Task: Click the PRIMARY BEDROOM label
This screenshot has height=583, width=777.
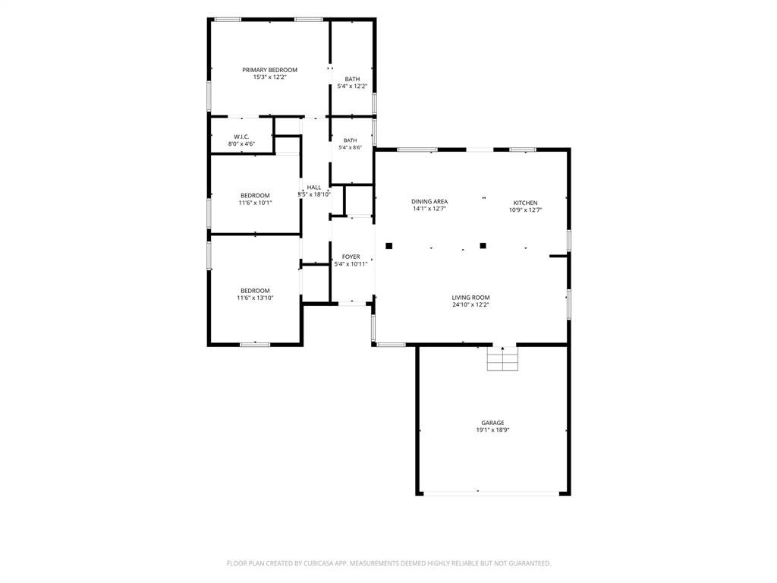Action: [x=269, y=70]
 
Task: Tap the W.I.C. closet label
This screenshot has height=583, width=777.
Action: [x=241, y=137]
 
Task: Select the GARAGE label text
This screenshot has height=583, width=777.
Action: [x=492, y=423]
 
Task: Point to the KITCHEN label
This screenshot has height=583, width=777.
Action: [x=525, y=203]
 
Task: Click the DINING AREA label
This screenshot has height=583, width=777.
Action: [x=429, y=201]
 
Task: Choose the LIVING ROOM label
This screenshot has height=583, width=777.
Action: [x=470, y=298]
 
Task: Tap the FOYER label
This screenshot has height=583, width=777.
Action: [x=351, y=257]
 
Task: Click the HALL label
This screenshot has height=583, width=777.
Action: [x=313, y=188]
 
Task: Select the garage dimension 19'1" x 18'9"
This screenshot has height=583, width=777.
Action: [x=492, y=430]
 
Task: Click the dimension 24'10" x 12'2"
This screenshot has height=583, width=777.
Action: [x=470, y=305]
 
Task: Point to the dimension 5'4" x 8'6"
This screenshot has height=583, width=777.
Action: [x=351, y=148]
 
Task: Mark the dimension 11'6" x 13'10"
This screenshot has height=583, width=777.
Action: [x=255, y=298]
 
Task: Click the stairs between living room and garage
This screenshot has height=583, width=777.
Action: [x=502, y=358]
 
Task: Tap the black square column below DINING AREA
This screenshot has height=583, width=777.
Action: [x=389, y=245]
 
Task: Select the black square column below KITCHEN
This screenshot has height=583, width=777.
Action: [x=483, y=245]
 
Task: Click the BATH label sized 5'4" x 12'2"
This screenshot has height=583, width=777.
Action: [x=352, y=79]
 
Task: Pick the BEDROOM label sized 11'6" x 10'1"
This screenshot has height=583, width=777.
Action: [x=255, y=195]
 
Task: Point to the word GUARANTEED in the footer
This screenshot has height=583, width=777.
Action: [x=531, y=563]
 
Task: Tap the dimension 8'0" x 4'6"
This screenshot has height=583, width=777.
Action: [x=241, y=144]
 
